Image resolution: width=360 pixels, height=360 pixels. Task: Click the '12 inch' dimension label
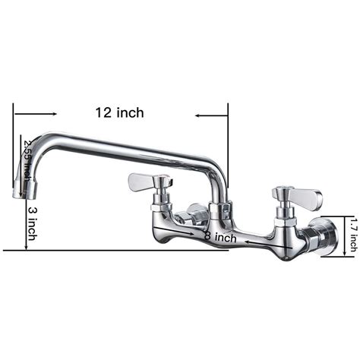tap(119, 113)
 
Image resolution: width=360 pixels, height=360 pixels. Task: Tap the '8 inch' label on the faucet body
tap(221, 237)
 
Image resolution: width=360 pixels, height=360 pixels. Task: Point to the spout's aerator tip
tap(20, 191)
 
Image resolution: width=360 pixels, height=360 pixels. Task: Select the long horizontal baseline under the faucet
tap(114, 250)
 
